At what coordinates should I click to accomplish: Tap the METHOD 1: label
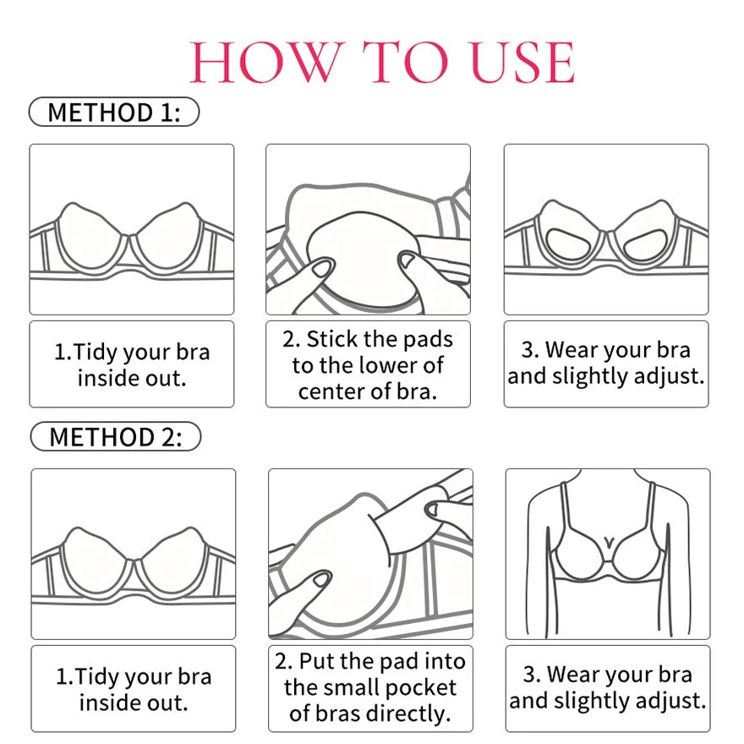[114, 112]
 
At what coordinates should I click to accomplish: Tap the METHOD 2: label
[115, 436]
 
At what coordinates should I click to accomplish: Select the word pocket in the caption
[421, 688]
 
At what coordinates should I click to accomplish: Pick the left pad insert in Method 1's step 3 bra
[568, 242]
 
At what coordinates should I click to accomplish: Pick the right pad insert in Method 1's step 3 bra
[645, 243]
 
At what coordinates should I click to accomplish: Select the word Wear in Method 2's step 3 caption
[572, 675]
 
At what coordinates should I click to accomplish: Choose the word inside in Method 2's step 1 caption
[107, 703]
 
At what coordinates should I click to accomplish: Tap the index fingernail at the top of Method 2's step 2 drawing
[433, 510]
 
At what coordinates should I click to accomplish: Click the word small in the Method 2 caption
[347, 688]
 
